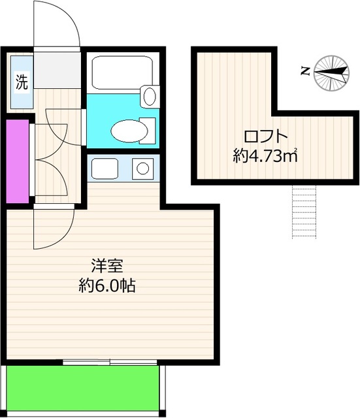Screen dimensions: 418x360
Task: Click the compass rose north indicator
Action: point(332,72)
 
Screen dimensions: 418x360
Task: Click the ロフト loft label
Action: point(266,137)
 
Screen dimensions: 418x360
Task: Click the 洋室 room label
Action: point(108,266)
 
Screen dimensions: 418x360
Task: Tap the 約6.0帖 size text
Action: point(108,285)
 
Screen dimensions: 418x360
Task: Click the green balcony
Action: point(83,389)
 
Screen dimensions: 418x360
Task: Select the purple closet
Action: point(17,159)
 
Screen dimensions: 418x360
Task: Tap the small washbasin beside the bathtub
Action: point(150,97)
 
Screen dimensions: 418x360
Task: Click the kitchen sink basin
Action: point(105,169)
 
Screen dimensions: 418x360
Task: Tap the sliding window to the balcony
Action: point(110,362)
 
